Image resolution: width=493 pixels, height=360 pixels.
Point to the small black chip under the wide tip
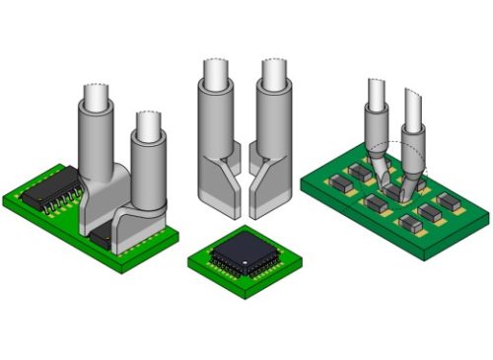pyautogui.click(x=101, y=237)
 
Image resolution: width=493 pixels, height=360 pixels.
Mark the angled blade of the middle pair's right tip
pyautogui.click(x=266, y=192)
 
